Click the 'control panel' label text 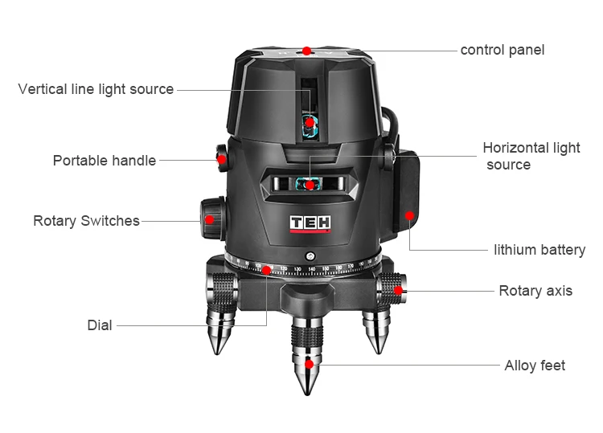pos(502,50)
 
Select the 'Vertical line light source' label pos(96,89)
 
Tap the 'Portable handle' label pos(105,161)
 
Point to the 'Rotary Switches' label pos(86,220)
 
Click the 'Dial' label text pos(100,325)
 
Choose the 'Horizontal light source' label pos(531,156)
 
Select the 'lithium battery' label pos(539,250)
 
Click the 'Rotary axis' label pos(535,291)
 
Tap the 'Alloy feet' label pos(535,366)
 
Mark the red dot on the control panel pos(307,50)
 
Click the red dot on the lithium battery pos(409,215)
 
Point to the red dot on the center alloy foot pos(309,364)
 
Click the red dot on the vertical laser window pos(310,122)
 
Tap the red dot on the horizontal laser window pos(310,185)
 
